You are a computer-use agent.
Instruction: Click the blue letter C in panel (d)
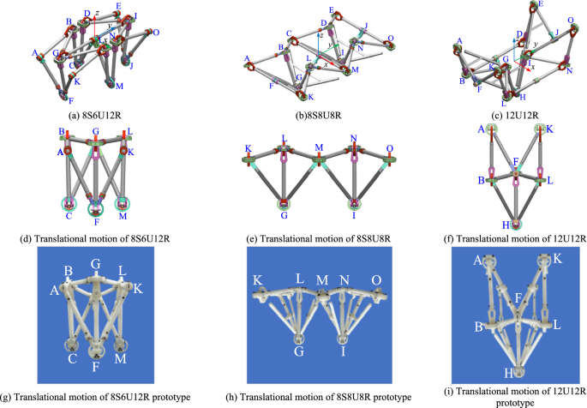point(65,212)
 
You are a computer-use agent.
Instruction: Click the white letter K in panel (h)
point(256,279)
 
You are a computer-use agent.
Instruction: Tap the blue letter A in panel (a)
point(36,54)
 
